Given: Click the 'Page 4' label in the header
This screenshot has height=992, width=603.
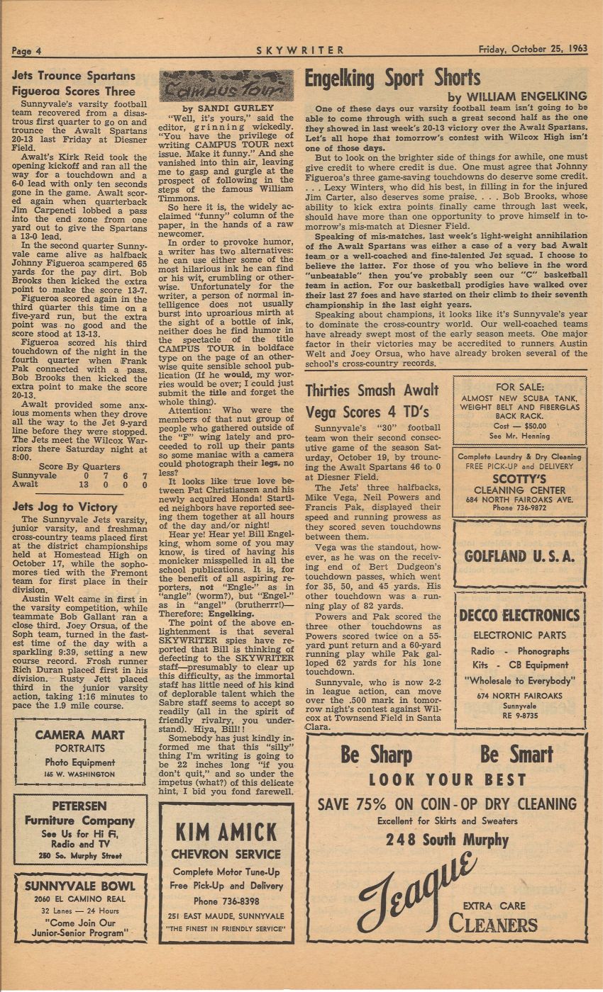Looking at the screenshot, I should [x=28, y=50].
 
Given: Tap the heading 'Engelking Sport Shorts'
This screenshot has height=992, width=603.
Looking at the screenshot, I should [x=392, y=78].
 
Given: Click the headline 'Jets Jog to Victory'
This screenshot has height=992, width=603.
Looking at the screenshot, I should [x=65, y=507].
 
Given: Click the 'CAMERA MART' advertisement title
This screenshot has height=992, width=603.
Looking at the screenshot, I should [x=79, y=735].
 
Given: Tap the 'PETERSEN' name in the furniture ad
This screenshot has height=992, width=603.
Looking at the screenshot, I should [x=79, y=806].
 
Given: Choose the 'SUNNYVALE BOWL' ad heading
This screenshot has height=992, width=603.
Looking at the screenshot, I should [x=79, y=886].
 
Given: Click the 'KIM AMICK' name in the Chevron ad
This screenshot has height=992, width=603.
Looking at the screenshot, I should [x=226, y=831].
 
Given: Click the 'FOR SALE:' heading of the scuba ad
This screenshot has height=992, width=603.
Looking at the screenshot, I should [x=520, y=387].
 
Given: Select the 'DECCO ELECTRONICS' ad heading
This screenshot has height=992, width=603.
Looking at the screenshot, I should [x=520, y=614].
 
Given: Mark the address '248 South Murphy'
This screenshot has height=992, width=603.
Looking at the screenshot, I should [x=447, y=840].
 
